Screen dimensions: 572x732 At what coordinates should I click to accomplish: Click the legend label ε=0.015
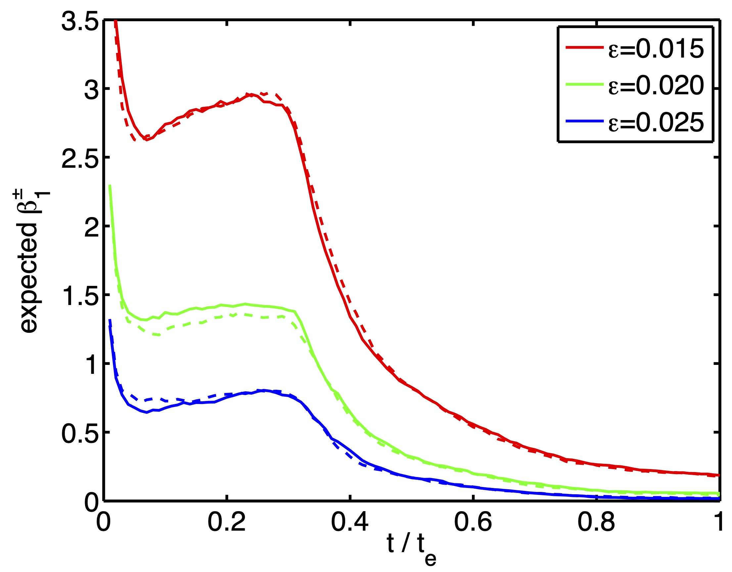[x=656, y=49]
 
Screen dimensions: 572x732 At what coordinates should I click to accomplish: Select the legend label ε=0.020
[x=656, y=86]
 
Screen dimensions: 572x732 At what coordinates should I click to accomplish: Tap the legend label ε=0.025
[x=656, y=123]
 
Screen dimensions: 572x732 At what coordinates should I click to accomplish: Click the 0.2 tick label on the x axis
[x=227, y=522]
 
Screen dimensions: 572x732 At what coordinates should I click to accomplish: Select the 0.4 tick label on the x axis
[x=349, y=522]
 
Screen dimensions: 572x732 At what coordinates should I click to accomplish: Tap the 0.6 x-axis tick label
[x=473, y=522]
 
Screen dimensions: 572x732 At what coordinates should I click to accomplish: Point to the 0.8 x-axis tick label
[x=596, y=522]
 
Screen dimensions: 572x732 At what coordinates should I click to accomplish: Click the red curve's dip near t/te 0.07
[x=147, y=140]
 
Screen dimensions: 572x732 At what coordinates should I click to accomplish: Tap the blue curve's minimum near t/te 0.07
[x=147, y=412]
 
